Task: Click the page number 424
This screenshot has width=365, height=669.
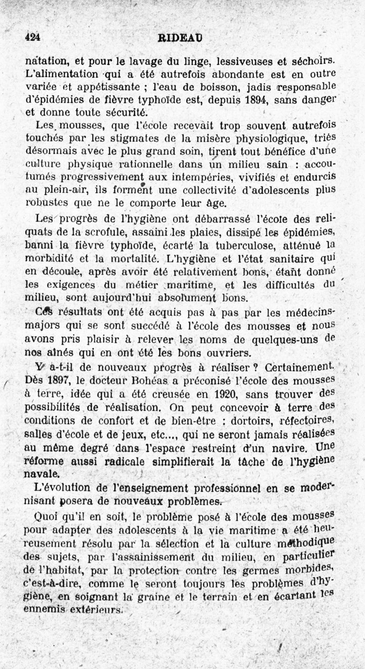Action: pyautogui.click(x=32, y=38)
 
